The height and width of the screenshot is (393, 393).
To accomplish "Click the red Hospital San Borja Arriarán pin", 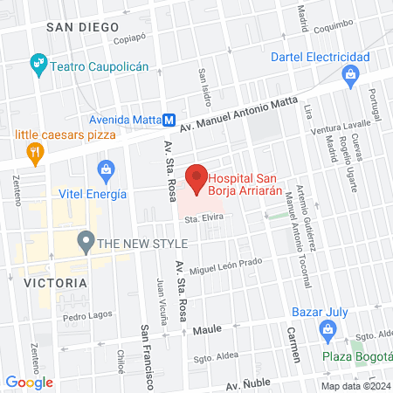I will tap(196, 178).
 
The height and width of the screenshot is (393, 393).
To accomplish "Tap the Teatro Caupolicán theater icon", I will tap(38, 63).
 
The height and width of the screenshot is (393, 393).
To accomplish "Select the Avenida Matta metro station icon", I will tap(171, 120).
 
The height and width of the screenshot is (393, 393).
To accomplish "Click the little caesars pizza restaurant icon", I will tap(35, 154).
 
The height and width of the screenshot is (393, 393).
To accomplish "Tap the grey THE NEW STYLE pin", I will tap(86, 240).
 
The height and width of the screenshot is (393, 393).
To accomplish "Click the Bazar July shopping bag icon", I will tap(328, 330).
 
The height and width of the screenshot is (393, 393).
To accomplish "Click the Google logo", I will tap(30, 382).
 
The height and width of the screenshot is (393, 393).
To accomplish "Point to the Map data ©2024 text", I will tap(355, 386).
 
